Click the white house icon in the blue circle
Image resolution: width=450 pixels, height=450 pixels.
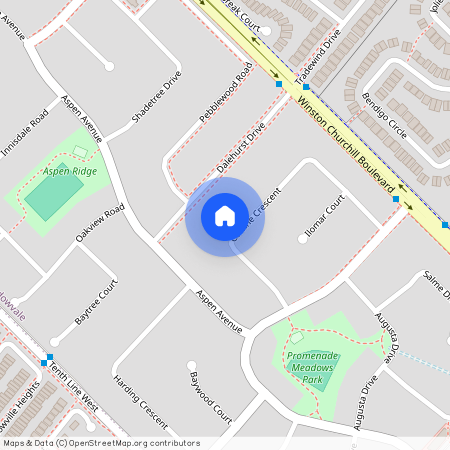point(225,215)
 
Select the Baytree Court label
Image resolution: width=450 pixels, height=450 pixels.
point(97,301)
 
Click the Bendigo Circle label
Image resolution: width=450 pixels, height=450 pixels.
point(385,117)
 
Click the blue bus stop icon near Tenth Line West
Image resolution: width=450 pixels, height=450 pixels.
point(47,359)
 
